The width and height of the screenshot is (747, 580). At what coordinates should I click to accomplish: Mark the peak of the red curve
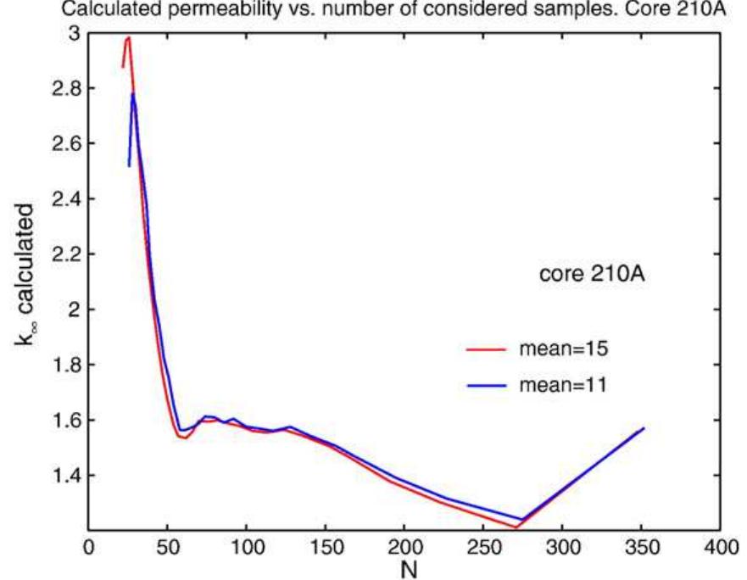click(128, 37)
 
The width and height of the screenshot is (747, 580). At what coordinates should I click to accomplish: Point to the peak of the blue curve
click(133, 93)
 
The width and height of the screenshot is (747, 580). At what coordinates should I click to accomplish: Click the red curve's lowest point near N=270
click(516, 527)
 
